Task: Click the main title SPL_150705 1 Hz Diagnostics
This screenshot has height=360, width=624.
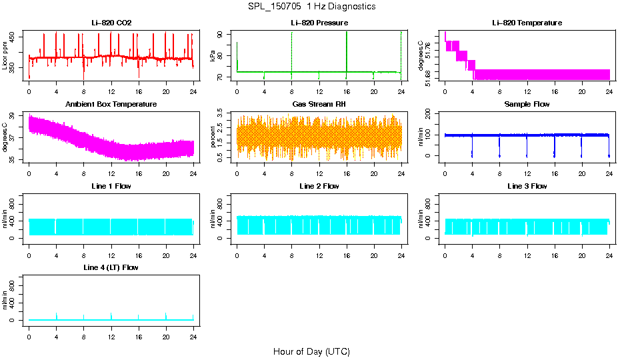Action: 311,7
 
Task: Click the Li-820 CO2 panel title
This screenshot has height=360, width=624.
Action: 111,23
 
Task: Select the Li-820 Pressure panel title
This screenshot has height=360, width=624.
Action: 319,23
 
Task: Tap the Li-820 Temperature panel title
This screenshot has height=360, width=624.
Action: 527,23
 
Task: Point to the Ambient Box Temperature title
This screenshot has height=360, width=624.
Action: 111,105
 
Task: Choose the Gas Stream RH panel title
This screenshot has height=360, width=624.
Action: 319,105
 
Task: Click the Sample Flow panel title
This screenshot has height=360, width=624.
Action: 527,105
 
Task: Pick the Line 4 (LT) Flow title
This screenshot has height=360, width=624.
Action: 111,267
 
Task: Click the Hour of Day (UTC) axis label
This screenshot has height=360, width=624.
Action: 311,351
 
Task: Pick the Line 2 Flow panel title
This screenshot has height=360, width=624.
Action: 319,186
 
